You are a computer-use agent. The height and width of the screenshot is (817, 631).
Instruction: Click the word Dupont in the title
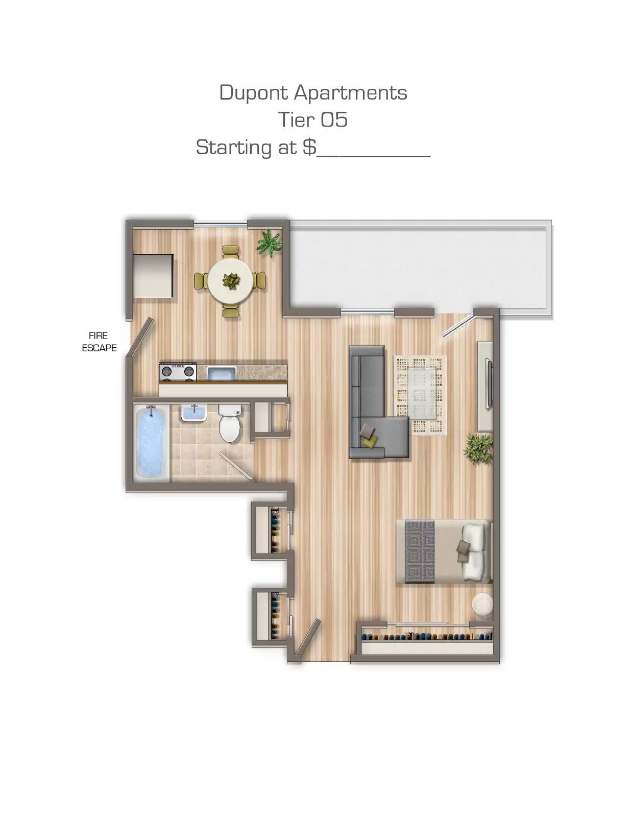point(254,93)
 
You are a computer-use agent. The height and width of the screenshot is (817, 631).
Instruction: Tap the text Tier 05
point(312,120)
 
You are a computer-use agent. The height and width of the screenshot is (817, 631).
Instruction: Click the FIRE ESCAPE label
point(99,342)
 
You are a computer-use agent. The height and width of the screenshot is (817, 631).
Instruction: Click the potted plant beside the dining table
point(269,243)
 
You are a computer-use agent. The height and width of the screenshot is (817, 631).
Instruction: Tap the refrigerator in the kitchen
point(153,276)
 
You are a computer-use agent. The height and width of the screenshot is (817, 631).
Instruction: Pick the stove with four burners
point(178,372)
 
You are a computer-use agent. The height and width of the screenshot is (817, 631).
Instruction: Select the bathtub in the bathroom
point(151,443)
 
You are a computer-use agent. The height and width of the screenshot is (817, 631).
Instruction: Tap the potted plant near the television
point(478,448)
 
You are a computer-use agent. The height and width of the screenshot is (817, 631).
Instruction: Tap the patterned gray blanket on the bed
point(420,551)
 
